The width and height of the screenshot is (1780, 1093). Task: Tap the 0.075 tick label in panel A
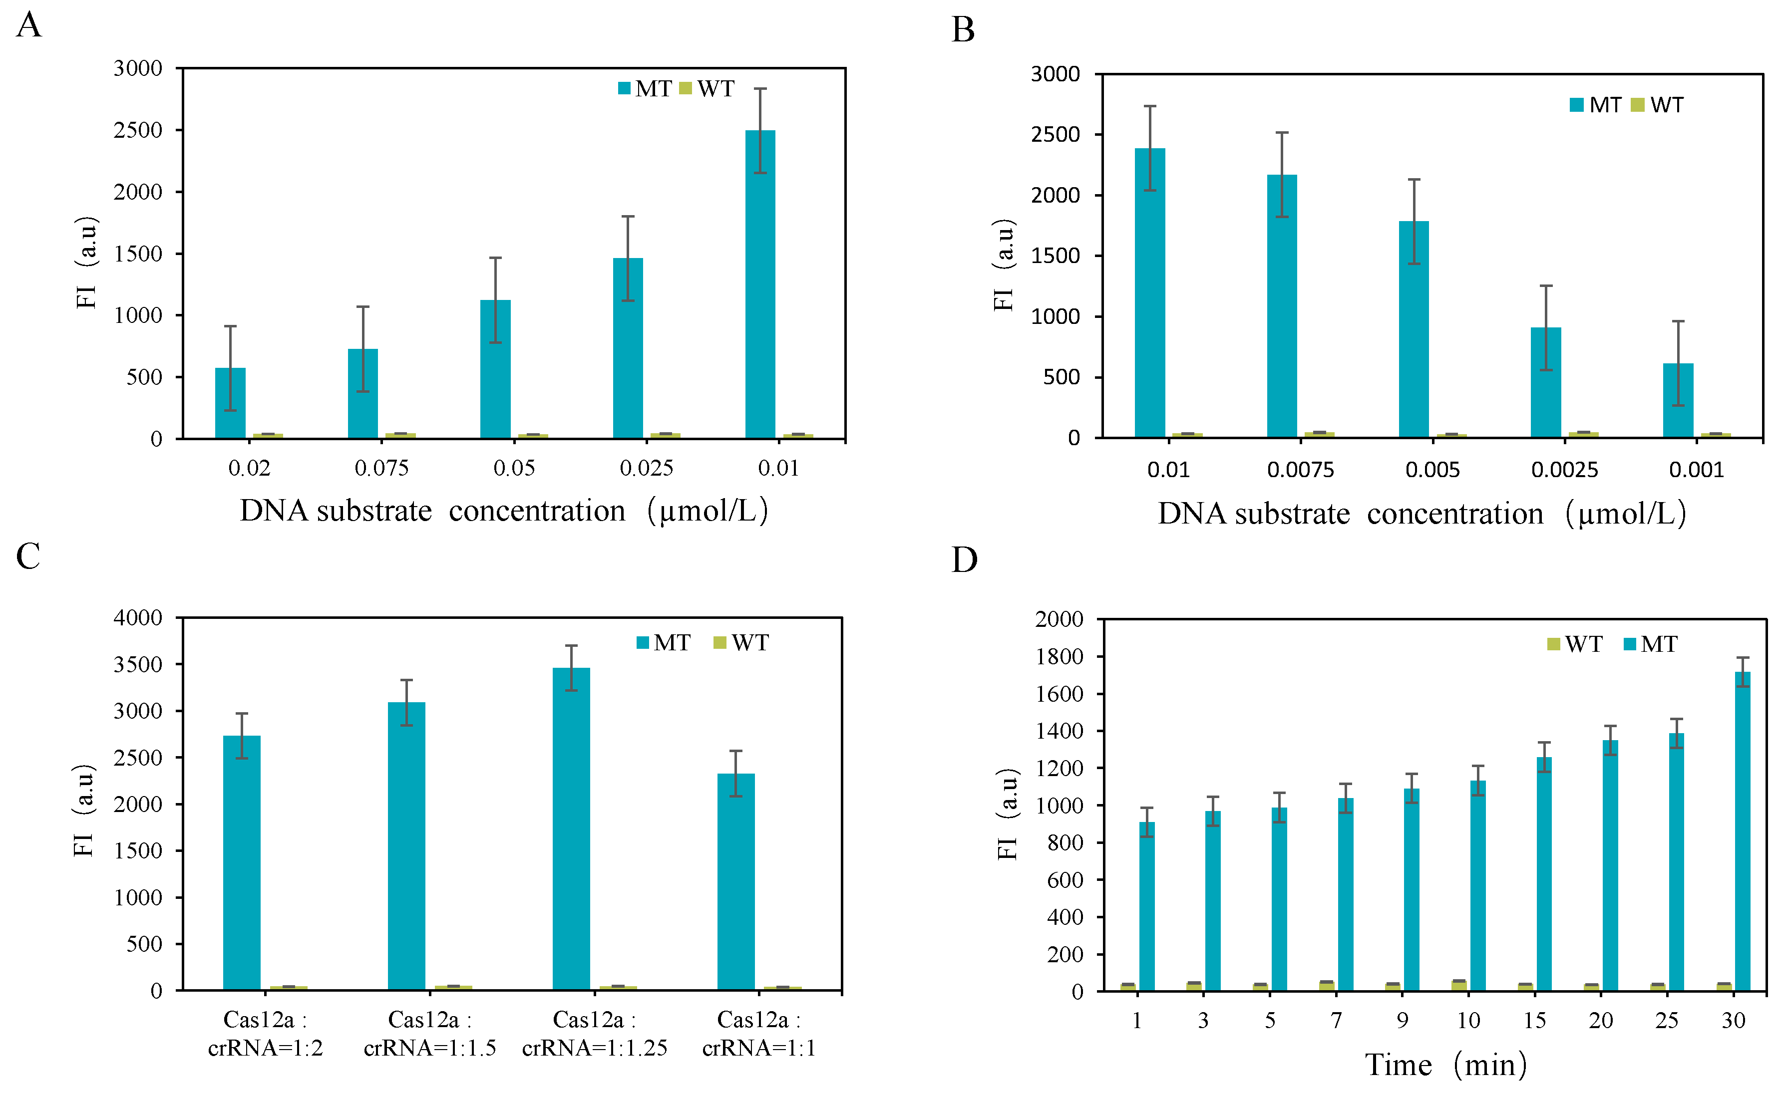point(381,469)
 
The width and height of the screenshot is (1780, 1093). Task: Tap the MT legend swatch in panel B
point(1577,105)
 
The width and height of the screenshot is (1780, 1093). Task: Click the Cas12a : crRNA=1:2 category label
point(265,1034)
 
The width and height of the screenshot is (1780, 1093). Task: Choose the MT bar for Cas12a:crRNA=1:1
point(735,881)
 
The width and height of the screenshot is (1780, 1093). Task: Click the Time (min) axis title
point(1445,1066)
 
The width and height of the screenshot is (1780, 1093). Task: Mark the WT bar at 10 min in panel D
point(1458,985)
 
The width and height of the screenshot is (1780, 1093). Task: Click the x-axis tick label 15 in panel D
point(1534,1021)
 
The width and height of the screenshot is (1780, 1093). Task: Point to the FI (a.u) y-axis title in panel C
point(84,810)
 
